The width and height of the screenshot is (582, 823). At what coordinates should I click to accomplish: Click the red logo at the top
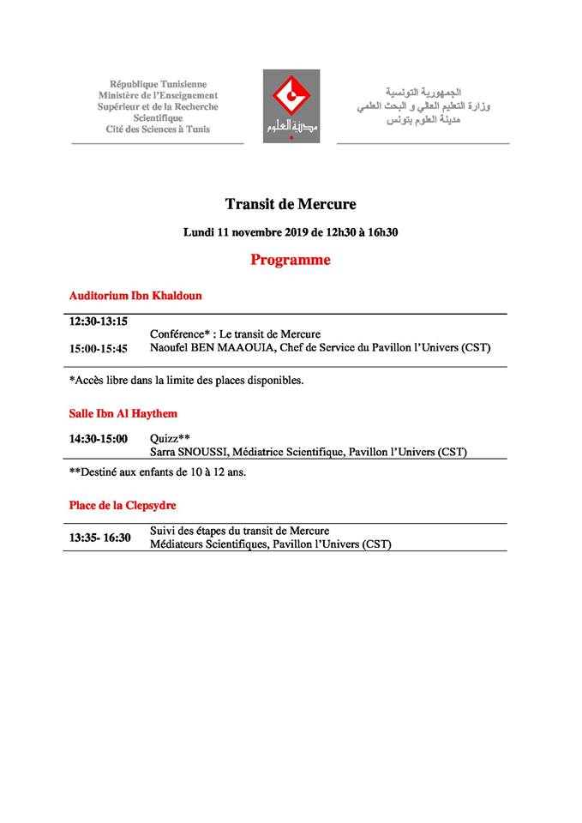click(x=291, y=105)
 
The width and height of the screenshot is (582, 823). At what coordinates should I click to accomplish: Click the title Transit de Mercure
click(x=290, y=204)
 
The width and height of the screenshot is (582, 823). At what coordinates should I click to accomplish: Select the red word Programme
click(x=290, y=260)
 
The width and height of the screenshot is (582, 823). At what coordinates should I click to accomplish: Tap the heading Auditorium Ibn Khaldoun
click(x=135, y=296)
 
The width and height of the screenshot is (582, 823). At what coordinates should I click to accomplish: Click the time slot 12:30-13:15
click(x=99, y=321)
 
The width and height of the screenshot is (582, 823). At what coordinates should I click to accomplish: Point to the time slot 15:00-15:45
click(x=99, y=348)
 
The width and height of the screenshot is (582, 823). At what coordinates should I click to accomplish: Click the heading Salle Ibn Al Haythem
click(x=123, y=413)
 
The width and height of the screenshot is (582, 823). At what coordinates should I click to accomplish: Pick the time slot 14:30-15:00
click(x=99, y=439)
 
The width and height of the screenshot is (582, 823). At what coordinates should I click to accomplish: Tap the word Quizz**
click(x=170, y=438)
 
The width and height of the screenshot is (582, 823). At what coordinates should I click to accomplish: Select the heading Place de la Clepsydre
click(x=123, y=505)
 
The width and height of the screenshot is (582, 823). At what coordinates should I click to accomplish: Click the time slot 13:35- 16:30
click(x=100, y=538)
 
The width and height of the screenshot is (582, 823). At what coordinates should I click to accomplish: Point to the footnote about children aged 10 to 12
click(x=158, y=472)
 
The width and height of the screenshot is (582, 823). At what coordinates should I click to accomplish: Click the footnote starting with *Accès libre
click(x=186, y=380)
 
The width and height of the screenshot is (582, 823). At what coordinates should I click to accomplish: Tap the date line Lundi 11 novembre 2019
click(x=291, y=232)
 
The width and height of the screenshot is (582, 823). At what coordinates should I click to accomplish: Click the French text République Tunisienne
click(x=158, y=85)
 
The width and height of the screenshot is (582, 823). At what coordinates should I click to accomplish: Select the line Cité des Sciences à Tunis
click(x=158, y=129)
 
